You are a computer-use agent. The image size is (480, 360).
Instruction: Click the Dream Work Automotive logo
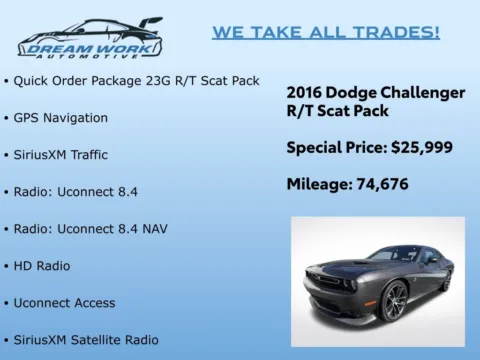[90, 38]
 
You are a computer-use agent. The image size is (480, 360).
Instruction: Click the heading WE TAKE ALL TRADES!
[326, 32]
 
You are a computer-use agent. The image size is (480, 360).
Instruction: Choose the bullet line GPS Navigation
[61, 117]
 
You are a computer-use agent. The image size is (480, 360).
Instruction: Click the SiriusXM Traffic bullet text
[61, 155]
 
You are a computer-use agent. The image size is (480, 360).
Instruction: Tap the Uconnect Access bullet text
[64, 302]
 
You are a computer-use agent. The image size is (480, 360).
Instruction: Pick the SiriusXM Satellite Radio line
[86, 340]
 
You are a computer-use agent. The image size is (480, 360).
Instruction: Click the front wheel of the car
[395, 301]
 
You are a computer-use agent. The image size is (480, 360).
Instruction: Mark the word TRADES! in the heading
[396, 32]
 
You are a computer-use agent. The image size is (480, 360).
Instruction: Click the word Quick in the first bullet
[33, 80]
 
